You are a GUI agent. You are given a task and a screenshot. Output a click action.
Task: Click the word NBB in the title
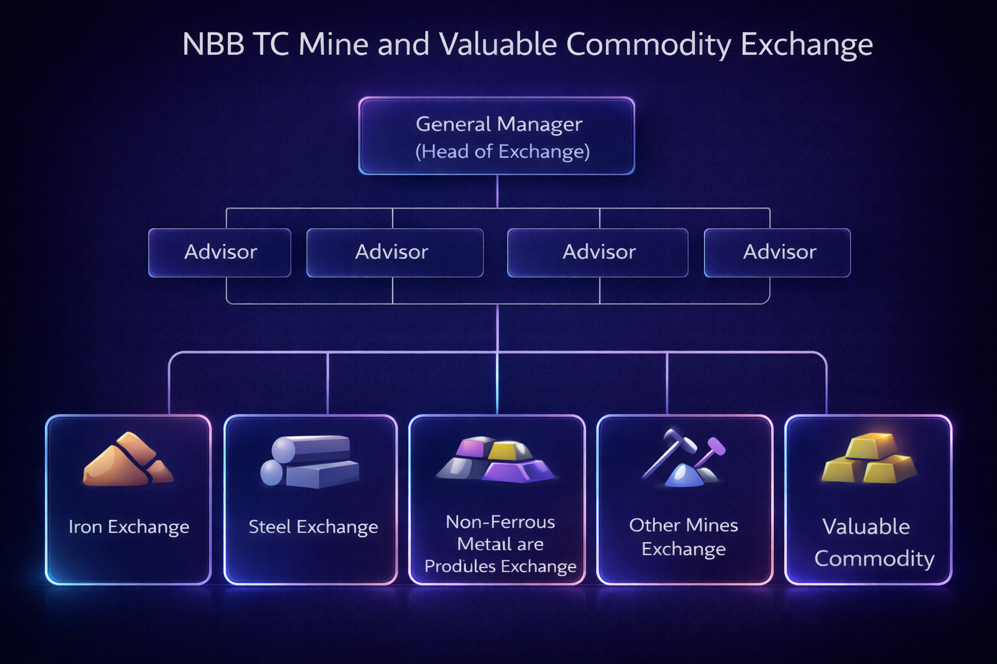coord(213,45)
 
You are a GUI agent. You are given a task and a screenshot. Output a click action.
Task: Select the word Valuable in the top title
coord(498,45)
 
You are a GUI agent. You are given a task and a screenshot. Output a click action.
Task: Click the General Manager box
coord(497,136)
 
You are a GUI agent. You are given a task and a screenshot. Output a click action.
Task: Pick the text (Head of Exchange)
coord(502,152)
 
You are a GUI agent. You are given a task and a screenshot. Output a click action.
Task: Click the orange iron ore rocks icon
coord(128,460)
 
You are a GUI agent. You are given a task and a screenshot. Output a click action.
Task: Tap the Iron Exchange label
coord(129,527)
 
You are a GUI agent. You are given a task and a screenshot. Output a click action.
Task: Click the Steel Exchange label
coord(313,527)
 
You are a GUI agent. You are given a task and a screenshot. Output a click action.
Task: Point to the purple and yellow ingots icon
coord(497,459)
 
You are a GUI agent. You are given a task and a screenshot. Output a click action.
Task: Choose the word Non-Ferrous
coord(500,522)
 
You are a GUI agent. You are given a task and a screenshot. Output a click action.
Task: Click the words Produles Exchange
coord(500,566)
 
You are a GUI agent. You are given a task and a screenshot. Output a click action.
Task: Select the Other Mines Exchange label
coord(683,537)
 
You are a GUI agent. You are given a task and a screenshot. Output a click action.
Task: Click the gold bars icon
coord(868,459)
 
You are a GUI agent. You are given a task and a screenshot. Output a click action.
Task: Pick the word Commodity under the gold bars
coord(874,558)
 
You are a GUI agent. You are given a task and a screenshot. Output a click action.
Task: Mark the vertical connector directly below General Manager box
coord(497,191)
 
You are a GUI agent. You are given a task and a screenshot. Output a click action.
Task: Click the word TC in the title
coord(271,45)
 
